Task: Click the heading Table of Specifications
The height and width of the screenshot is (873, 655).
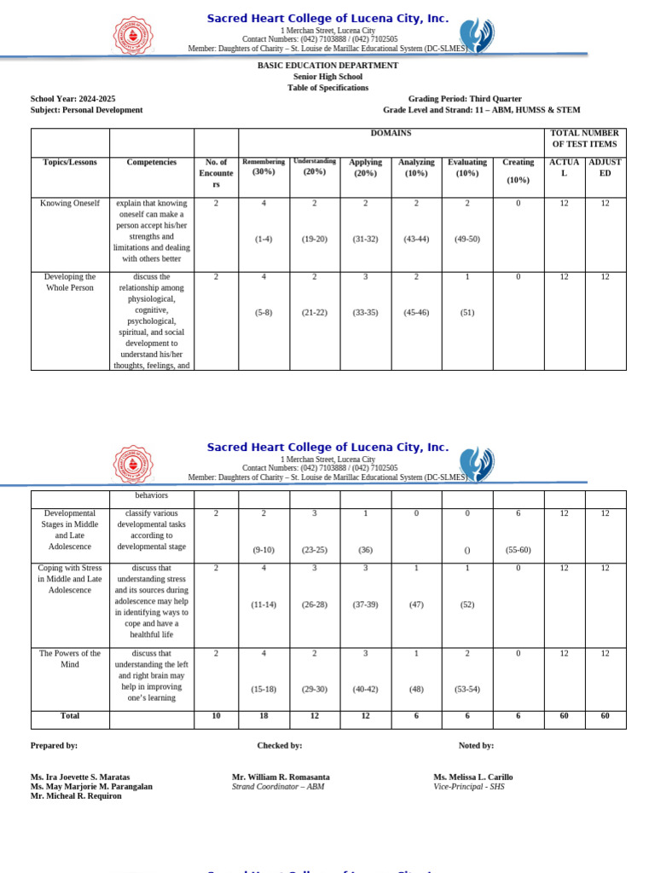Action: click(327, 88)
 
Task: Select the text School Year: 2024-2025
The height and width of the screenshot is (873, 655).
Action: click(72, 99)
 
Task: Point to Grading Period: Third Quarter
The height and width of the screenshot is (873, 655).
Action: click(453, 99)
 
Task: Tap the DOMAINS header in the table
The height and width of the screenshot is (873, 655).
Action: click(391, 134)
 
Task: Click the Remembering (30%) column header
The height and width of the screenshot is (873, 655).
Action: click(264, 166)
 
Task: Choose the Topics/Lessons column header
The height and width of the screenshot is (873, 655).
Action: click(70, 162)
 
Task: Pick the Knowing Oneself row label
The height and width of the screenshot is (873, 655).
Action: click(70, 204)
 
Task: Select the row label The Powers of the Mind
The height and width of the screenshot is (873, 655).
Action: click(70, 659)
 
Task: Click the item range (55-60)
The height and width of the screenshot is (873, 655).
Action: click(518, 550)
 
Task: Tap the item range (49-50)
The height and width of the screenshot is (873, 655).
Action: click(467, 239)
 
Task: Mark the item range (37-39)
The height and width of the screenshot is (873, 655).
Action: click(365, 604)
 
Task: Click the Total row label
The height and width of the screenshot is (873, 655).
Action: click(70, 716)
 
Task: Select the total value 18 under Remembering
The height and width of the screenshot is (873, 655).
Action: click(264, 716)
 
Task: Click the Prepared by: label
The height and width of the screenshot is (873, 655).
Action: click(54, 745)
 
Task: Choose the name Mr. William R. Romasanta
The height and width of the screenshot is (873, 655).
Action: click(281, 777)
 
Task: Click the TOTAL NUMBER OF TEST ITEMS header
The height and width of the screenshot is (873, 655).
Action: click(585, 139)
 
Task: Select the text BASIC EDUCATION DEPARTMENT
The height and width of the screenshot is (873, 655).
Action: click(327, 66)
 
